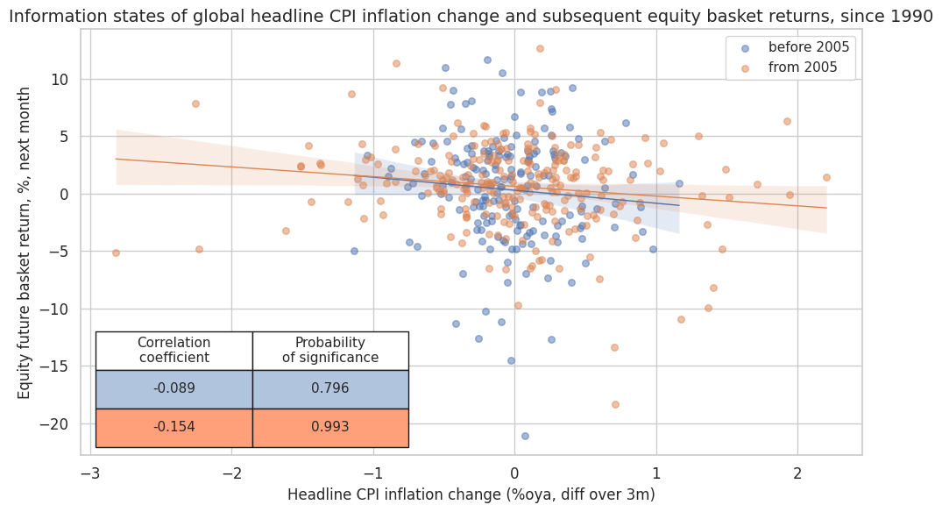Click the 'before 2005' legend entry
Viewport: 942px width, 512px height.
click(808, 47)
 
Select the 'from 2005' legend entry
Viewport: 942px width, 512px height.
click(803, 67)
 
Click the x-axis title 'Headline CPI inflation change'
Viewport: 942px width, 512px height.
click(471, 494)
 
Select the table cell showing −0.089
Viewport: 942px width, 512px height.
click(174, 389)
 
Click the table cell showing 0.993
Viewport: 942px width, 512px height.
click(330, 428)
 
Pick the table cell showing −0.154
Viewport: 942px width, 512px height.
click(174, 428)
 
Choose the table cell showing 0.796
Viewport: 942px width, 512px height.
click(330, 389)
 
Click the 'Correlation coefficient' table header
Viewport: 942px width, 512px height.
click(174, 351)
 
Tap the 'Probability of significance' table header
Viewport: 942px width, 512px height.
click(330, 351)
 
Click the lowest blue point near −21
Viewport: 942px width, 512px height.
click(525, 436)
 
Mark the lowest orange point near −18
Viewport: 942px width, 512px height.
click(615, 404)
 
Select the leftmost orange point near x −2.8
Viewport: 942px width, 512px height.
click(116, 252)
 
